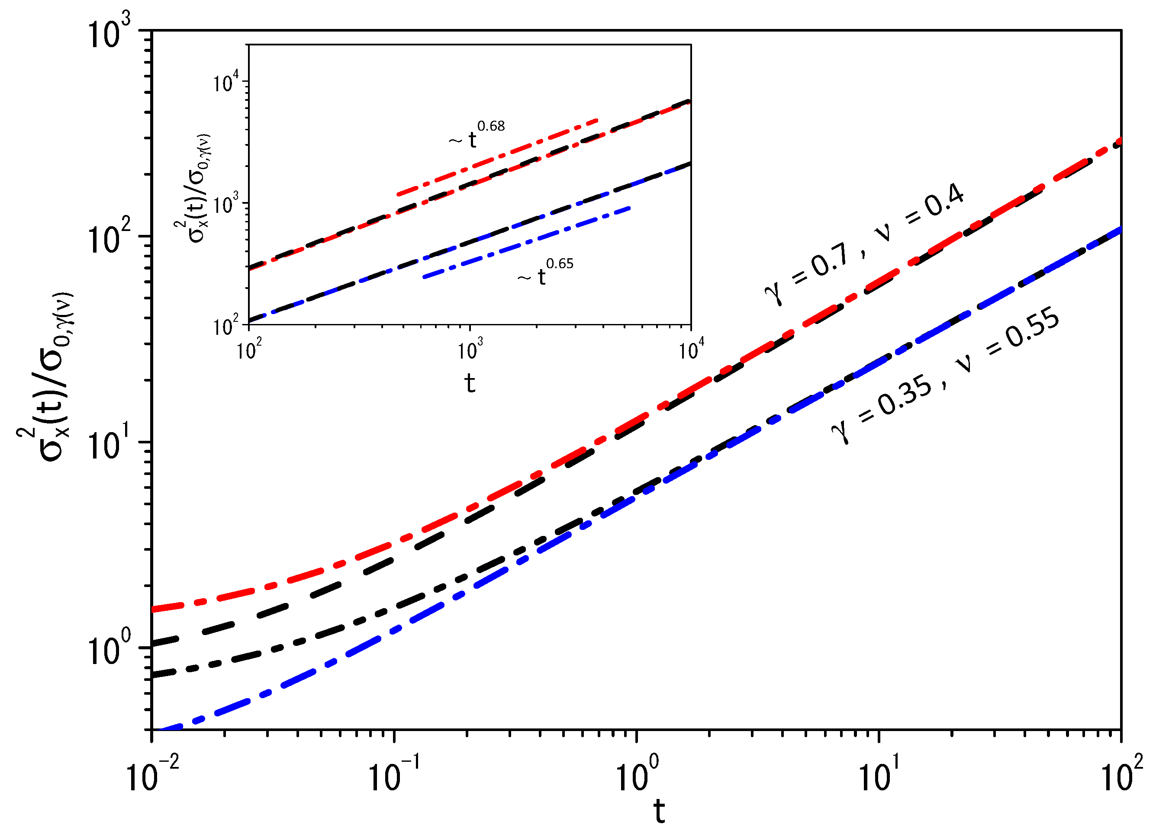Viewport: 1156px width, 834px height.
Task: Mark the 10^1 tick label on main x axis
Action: (880, 774)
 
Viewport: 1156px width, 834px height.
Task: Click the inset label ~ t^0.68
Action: (477, 135)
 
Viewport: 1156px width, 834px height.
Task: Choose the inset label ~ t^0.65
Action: (546, 273)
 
